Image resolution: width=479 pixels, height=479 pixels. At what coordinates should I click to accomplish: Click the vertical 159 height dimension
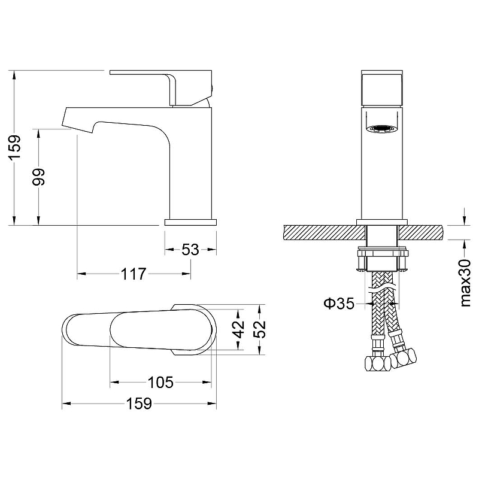point(14,147)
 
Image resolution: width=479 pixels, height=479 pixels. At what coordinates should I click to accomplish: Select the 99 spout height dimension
point(39,176)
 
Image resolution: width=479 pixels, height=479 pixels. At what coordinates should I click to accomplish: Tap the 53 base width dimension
point(190,250)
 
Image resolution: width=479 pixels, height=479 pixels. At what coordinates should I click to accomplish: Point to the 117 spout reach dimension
point(134,274)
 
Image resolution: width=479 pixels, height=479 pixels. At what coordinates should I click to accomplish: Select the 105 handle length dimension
point(160,382)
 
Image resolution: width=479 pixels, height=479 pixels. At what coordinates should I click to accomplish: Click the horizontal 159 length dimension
point(139,404)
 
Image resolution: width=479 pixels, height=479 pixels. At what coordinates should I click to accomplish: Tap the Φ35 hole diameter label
point(339,304)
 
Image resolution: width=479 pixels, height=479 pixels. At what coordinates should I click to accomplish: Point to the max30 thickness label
point(465,283)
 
